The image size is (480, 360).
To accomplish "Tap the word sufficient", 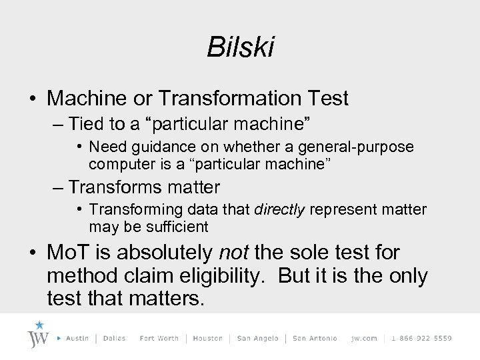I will pyautogui.click(x=174, y=227).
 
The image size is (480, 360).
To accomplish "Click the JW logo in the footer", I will pyautogui.click(x=39, y=337).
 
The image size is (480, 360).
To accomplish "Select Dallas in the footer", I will pyautogui.click(x=115, y=338).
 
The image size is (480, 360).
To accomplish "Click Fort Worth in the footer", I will pyautogui.click(x=159, y=338).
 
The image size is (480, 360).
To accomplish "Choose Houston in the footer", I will pyautogui.click(x=207, y=338).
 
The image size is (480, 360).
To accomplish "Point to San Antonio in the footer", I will pyautogui.click(x=315, y=338).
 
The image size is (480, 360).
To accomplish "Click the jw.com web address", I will pyautogui.click(x=364, y=338).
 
